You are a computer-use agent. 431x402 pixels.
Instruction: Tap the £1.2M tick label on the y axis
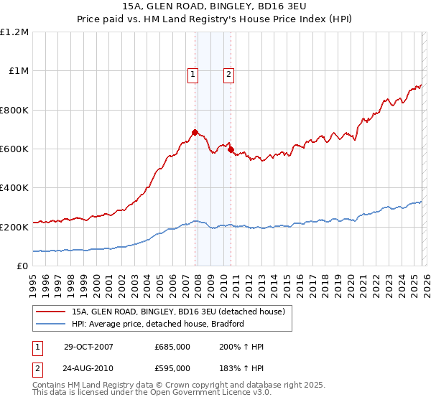click(x=14, y=32)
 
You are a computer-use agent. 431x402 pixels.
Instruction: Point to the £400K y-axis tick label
click(x=14, y=188)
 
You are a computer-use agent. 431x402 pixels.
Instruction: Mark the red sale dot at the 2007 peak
click(x=195, y=132)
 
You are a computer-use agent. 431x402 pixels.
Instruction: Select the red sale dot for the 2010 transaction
click(x=231, y=150)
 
